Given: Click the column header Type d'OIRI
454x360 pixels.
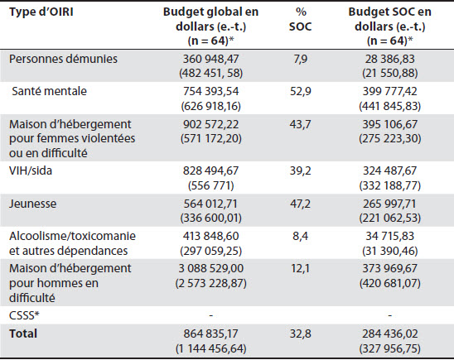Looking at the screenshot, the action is tap(41, 12).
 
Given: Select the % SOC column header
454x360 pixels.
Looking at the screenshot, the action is tap(301, 19).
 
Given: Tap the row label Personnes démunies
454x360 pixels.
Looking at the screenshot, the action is tap(63, 59).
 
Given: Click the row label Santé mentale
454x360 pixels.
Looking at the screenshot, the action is tap(49, 91).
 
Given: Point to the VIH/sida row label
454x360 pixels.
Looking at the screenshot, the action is tap(31, 170).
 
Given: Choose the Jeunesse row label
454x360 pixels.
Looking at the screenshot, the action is tap(32, 204).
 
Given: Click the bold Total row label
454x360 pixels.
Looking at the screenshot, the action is tap(23, 334).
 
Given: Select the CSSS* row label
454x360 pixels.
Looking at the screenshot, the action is tap(24, 315).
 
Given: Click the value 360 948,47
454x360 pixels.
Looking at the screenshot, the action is tap(210, 59).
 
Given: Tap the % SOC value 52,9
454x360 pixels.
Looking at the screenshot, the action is tap(301, 91).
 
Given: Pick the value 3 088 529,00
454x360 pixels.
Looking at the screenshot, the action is tap(210, 268).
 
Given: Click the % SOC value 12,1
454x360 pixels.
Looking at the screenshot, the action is tap(301, 268).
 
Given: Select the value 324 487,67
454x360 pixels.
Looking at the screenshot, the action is tap(390, 170).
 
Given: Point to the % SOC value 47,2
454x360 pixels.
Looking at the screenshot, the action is tap(301, 204).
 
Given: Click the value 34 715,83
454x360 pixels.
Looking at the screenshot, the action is tap(390, 236).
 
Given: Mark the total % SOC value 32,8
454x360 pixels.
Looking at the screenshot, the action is tap(301, 334).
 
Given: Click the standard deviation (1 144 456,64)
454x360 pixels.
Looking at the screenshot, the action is tap(210, 348).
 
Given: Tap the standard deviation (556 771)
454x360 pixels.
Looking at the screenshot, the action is tap(210, 185).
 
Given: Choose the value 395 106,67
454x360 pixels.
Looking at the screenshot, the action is tap(390, 124).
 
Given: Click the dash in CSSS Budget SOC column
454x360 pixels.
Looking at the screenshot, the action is tap(390, 315).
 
